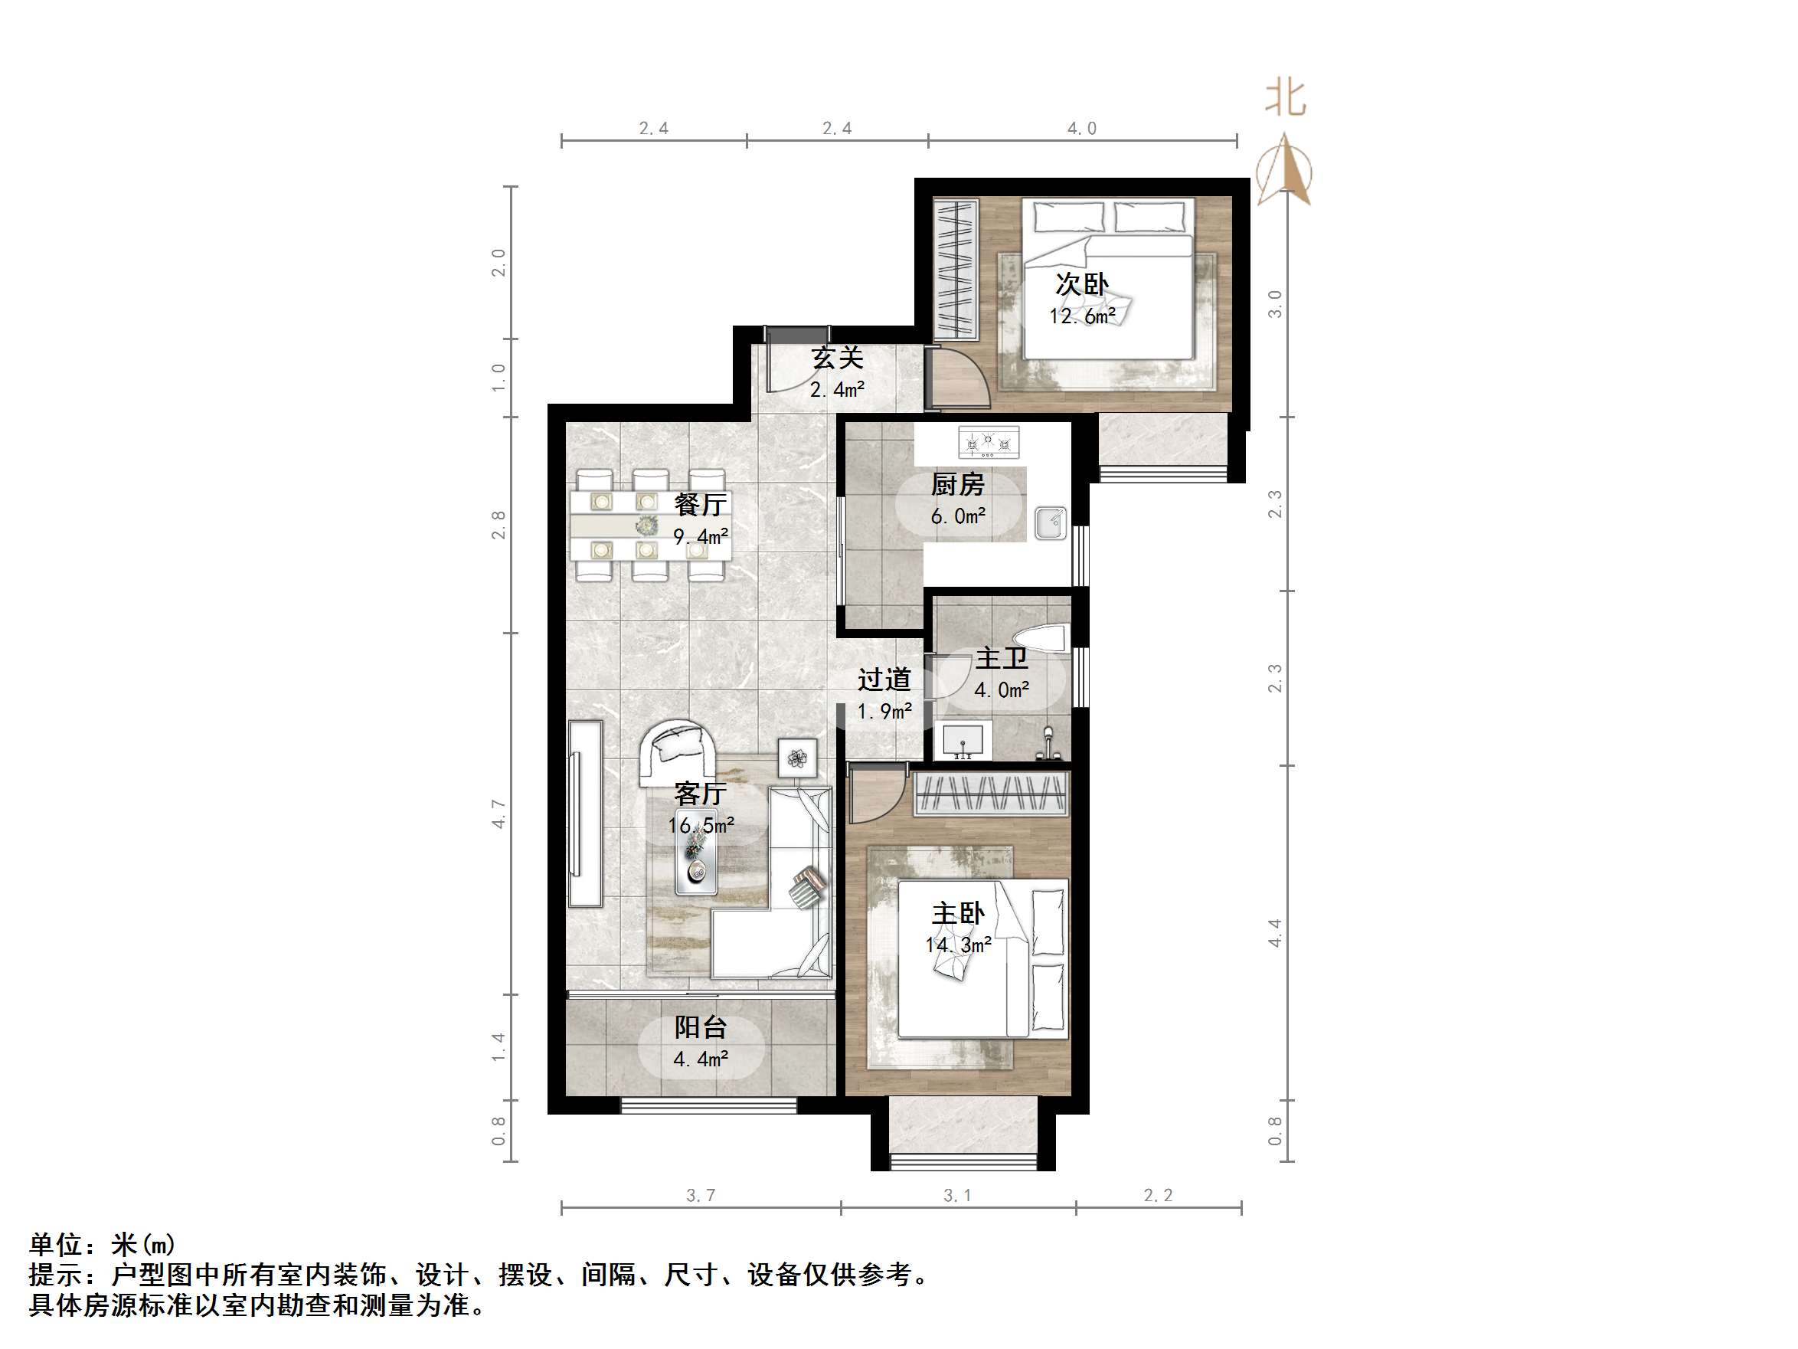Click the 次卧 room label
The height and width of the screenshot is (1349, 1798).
pos(1081,285)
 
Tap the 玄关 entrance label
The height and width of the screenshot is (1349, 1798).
pos(837,358)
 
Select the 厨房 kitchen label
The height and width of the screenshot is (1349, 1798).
pos(957,485)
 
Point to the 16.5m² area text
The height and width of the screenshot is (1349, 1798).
pos(701,825)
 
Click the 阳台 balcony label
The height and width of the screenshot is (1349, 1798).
pos(700,1027)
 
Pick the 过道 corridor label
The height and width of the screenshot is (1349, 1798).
pos(884,679)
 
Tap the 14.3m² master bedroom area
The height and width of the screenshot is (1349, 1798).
pos(957,945)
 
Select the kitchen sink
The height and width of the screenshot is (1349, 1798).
pos(1051,523)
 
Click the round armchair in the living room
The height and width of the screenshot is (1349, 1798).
pos(678,752)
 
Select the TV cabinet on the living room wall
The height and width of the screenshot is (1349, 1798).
pos(584,813)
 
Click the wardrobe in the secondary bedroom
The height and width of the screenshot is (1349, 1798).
pos(955,268)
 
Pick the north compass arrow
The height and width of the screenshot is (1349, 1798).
pos(1283,171)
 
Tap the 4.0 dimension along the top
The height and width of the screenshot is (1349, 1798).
pos(1081,129)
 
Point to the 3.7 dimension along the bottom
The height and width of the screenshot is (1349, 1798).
pos(700,1195)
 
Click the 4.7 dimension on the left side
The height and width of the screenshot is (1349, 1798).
pos(499,814)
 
